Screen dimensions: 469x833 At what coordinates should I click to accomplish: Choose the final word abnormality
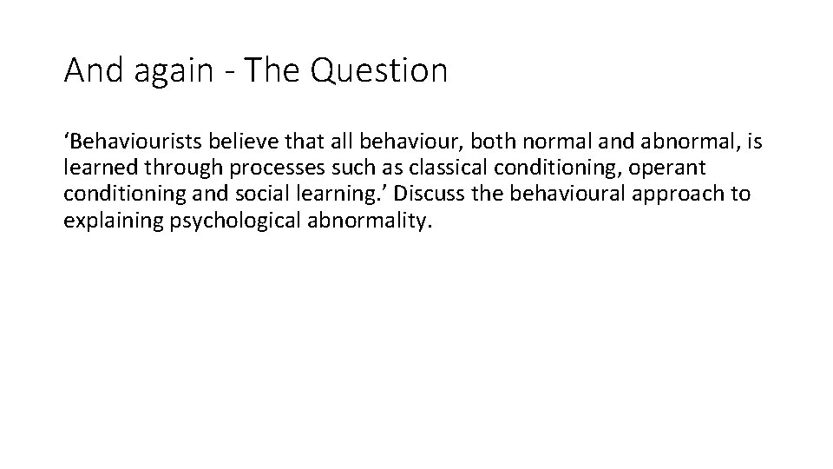coord(369,220)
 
